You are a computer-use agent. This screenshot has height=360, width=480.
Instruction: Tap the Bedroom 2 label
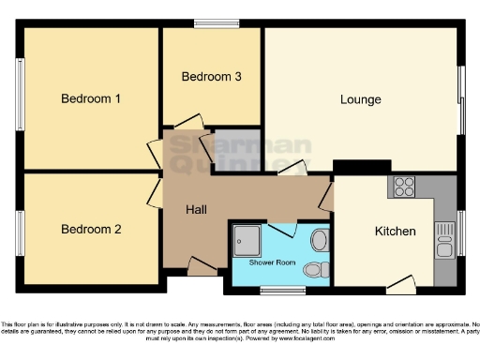click(x=91, y=229)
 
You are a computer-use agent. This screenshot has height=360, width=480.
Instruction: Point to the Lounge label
click(x=360, y=99)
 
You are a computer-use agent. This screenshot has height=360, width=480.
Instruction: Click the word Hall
click(x=196, y=210)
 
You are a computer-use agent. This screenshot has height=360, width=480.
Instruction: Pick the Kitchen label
click(x=395, y=232)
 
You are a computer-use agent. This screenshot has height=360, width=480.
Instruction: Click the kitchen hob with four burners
click(x=405, y=184)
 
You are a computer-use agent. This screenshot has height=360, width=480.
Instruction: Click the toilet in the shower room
click(x=317, y=269)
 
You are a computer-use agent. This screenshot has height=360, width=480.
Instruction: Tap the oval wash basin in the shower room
click(x=321, y=240)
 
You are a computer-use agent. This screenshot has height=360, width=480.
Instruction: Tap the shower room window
click(x=276, y=289)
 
